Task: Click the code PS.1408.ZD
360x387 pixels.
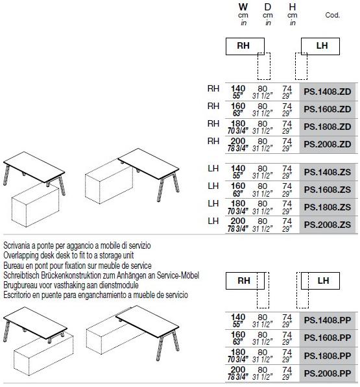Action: (x=327, y=92)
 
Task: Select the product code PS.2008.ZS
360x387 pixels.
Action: (x=327, y=225)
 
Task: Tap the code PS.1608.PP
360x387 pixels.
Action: (x=327, y=338)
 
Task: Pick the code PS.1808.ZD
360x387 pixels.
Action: (x=327, y=127)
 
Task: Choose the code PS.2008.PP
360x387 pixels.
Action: (x=327, y=373)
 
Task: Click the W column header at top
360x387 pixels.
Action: (x=243, y=7)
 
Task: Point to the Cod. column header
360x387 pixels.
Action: (x=332, y=15)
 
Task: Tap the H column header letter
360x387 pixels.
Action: (x=293, y=7)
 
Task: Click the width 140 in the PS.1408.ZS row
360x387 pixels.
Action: (x=238, y=169)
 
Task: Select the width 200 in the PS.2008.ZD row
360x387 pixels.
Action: (x=238, y=141)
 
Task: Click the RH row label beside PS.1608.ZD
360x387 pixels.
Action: (x=213, y=106)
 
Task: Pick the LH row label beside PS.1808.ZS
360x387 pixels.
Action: (x=213, y=204)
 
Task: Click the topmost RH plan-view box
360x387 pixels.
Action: (x=245, y=46)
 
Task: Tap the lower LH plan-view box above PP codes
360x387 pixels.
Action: (x=320, y=281)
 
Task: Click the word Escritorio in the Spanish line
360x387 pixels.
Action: (x=17, y=295)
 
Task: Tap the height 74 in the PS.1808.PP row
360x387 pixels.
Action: (x=287, y=352)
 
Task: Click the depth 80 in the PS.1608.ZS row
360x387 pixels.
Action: (x=262, y=186)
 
